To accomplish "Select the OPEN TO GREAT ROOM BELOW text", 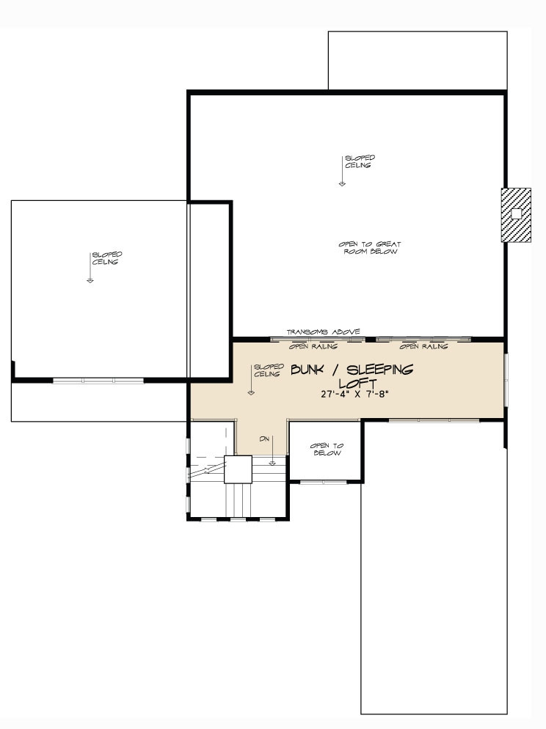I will (371, 248).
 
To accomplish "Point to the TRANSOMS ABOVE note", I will (323, 331).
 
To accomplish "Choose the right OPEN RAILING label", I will (423, 345).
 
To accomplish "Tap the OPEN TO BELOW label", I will (327, 450).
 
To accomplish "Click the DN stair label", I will (264, 439).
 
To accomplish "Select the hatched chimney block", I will (516, 214).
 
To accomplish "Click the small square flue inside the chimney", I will (516, 213).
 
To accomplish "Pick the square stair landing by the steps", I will (238, 469).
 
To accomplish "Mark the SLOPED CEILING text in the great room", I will (360, 161).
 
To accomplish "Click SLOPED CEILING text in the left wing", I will (107, 258).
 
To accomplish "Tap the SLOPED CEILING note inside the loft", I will (268, 370).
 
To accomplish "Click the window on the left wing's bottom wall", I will (98, 381).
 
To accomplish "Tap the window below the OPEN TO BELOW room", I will (323, 482).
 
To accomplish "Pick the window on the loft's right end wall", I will (506, 378).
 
